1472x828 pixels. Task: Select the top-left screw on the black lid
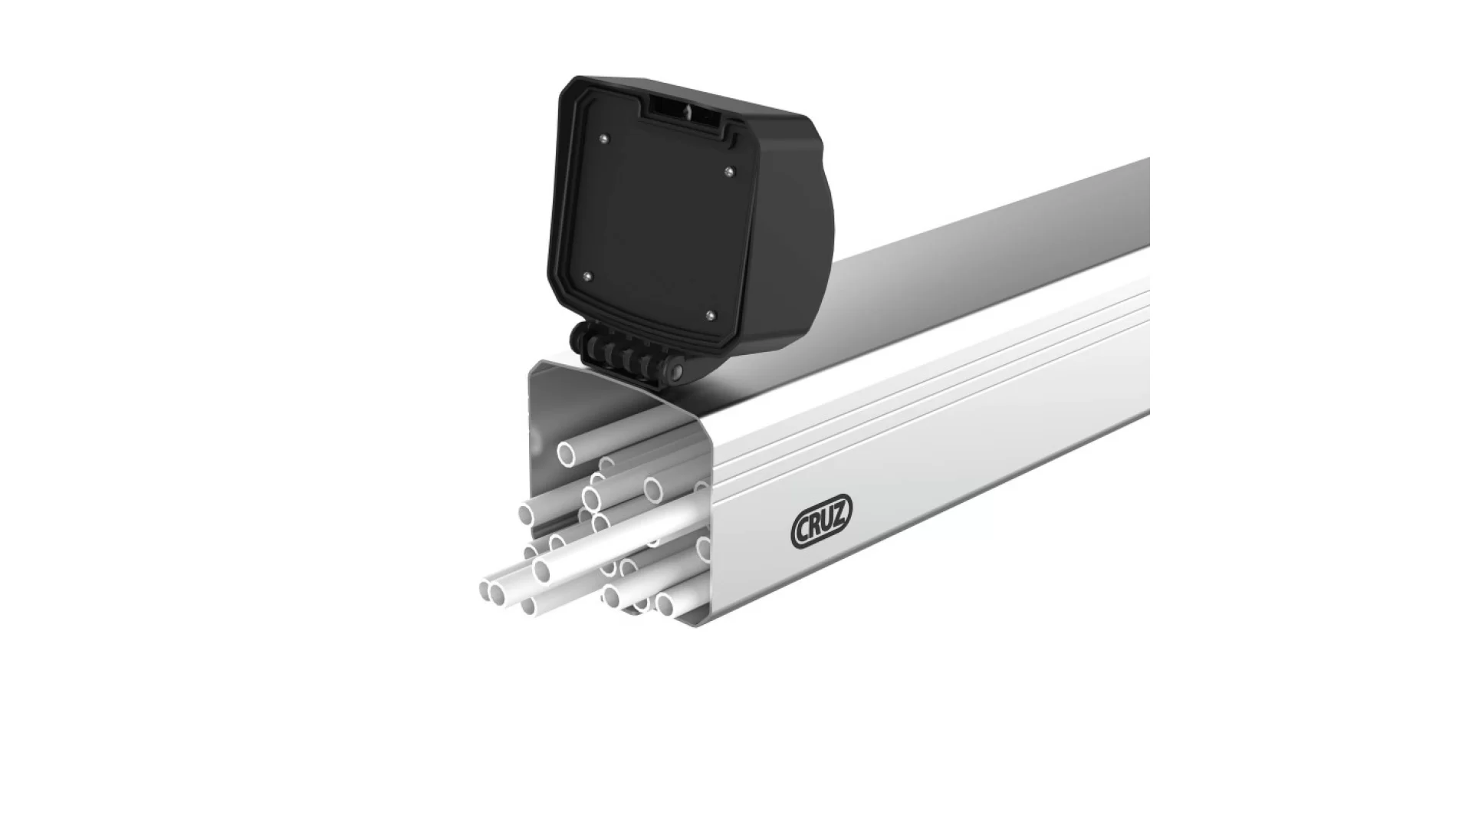605,138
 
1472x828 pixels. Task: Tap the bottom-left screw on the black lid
586,274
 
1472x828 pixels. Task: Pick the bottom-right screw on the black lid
710,314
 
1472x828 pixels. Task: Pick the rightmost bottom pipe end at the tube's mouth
664,606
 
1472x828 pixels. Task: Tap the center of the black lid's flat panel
655,222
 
